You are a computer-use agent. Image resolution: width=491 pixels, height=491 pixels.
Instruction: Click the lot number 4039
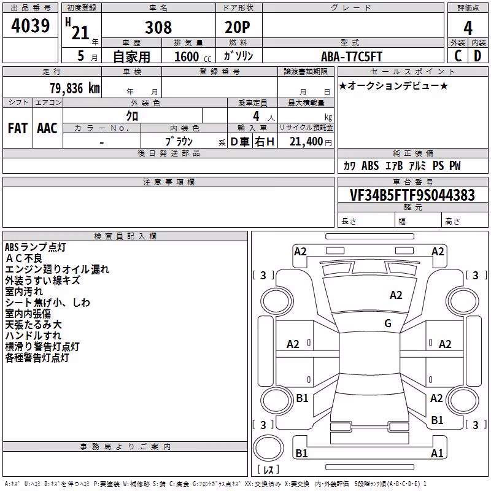30,25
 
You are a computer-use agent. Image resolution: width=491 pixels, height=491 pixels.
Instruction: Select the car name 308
158,28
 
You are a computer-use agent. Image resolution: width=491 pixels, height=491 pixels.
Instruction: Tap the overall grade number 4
468,28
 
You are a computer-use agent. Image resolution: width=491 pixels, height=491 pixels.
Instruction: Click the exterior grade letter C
458,56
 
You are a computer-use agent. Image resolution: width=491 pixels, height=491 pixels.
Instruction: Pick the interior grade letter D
477,56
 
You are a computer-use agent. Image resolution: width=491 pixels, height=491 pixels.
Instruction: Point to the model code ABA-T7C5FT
352,56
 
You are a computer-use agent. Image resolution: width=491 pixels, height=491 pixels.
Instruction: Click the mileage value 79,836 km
75,88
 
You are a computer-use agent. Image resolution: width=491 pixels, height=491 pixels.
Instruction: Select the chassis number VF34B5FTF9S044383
412,195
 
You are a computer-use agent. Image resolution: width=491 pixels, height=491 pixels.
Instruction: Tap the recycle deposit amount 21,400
306,142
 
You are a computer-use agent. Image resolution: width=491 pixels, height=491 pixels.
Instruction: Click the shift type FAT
18,128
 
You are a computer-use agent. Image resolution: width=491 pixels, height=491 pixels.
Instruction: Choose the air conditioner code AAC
47,128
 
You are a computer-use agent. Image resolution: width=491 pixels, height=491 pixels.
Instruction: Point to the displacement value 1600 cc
193,56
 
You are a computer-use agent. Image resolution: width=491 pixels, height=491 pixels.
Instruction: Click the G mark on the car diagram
388,323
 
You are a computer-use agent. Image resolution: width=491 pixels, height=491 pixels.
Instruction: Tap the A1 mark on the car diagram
437,453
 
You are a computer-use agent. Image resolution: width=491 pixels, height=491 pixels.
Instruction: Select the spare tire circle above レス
268,448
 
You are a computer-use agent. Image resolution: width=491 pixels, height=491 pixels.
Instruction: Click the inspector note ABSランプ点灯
36,247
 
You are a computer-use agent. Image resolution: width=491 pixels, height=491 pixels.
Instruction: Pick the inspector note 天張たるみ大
34,325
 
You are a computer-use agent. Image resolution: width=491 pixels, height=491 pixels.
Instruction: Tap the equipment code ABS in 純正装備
370,166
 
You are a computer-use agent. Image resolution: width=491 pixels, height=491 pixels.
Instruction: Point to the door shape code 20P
238,28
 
